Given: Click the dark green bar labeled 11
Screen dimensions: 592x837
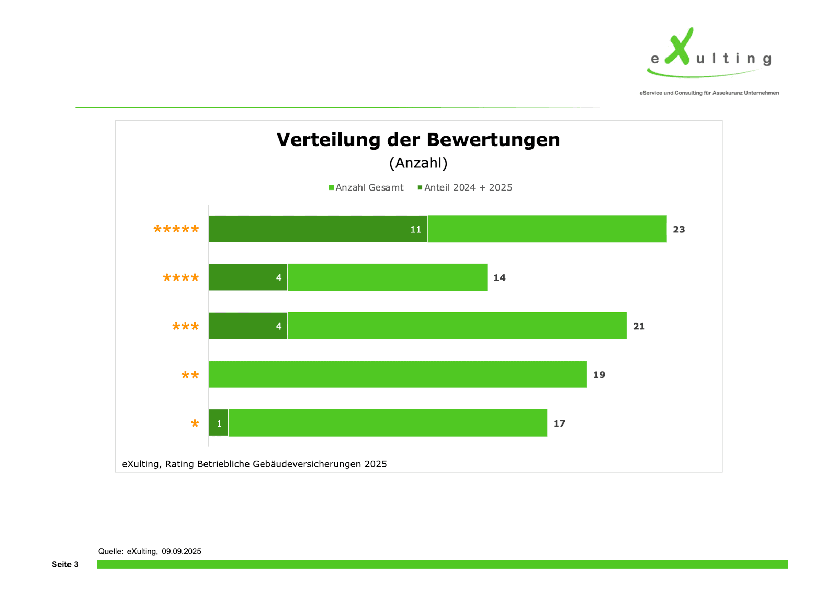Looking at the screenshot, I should tap(318, 229).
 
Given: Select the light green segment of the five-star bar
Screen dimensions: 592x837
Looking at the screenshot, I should tap(547, 229).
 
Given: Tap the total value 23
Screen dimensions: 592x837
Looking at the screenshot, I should tap(678, 229).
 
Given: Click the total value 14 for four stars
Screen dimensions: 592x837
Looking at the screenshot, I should tap(499, 278).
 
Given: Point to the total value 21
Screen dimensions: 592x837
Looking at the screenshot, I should tap(639, 326).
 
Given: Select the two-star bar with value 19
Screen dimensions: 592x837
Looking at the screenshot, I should tap(398, 374).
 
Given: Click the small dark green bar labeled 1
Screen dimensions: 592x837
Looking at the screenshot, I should tap(218, 423).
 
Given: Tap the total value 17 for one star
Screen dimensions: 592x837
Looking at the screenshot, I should tap(559, 423).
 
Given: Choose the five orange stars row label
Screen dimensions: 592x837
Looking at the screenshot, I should tap(176, 229).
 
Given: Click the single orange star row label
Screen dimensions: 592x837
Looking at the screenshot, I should tap(195, 423).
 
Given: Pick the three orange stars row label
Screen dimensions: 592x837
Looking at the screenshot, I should tap(186, 327).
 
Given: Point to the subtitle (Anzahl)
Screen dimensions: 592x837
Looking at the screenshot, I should tap(418, 163).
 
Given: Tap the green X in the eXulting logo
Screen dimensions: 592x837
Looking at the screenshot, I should tap(680, 47).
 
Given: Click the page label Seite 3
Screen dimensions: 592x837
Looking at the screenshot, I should tap(65, 564).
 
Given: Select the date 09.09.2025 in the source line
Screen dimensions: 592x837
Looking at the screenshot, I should tap(181, 551).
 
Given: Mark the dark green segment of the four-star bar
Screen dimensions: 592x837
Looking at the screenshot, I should tap(247, 277).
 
